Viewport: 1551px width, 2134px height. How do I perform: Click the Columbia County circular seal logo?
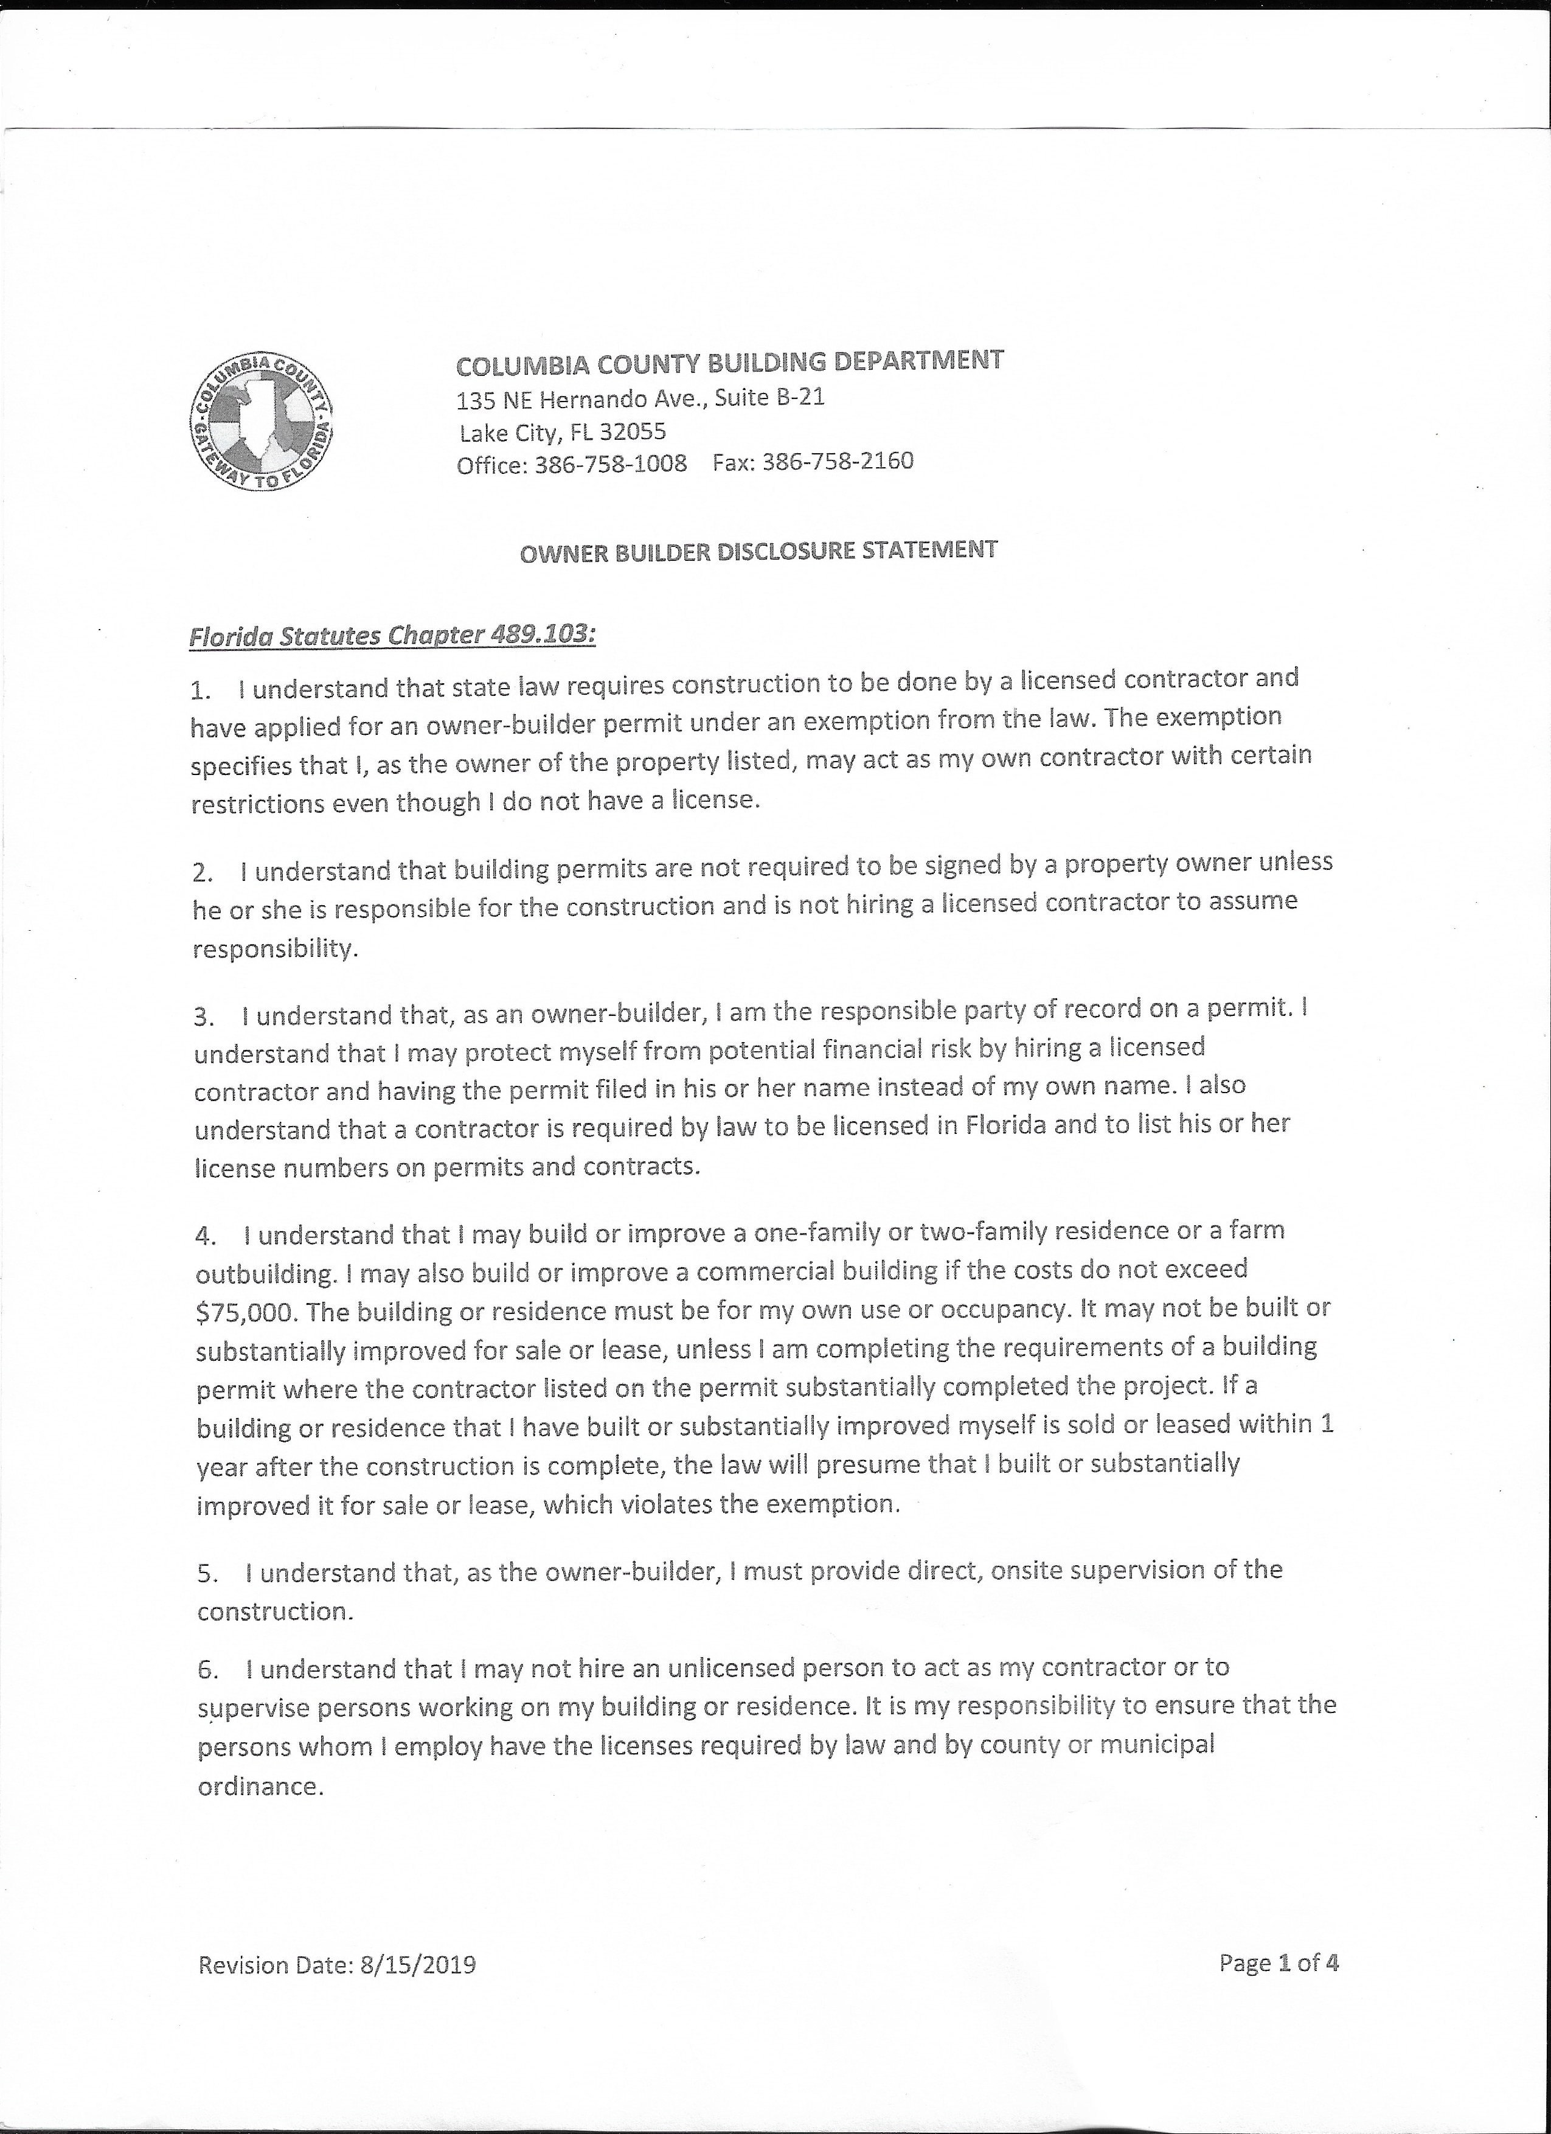pyautogui.click(x=262, y=420)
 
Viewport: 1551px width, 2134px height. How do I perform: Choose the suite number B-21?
pyautogui.click(x=799, y=397)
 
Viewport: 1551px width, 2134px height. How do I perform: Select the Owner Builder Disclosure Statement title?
pyautogui.click(x=758, y=551)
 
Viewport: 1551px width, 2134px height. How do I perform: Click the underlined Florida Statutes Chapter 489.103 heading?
pyautogui.click(x=392, y=636)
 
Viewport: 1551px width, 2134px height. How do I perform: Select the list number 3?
pyautogui.click(x=204, y=1017)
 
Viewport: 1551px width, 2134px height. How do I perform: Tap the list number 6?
pyautogui.click(x=208, y=1670)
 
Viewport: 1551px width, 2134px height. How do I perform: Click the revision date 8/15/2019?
pyautogui.click(x=418, y=1965)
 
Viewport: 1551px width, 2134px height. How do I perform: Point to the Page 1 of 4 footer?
pyautogui.click(x=1279, y=1962)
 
